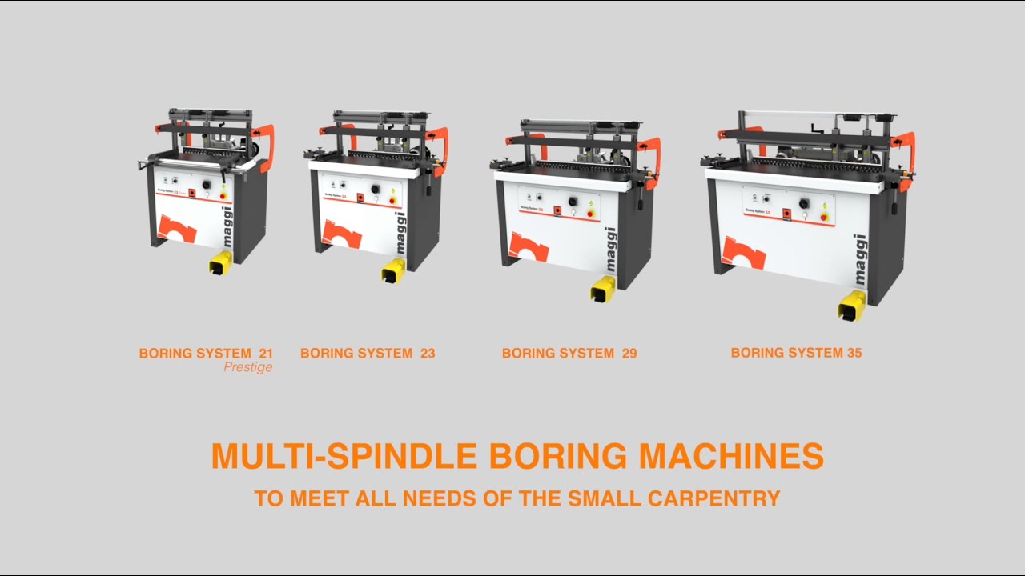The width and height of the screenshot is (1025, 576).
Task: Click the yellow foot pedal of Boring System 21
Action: pyautogui.click(x=220, y=262)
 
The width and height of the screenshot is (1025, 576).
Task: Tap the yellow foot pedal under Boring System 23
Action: pyautogui.click(x=393, y=271)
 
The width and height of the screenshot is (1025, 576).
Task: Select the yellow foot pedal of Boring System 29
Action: pyautogui.click(x=603, y=289)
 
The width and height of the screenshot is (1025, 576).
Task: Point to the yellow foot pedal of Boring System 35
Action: pyautogui.click(x=852, y=305)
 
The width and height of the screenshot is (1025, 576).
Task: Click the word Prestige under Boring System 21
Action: pyautogui.click(x=248, y=367)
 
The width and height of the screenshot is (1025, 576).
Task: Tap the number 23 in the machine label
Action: pyautogui.click(x=427, y=353)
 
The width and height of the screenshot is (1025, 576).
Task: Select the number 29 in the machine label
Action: pyautogui.click(x=629, y=353)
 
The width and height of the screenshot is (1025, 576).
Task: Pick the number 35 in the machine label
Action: pyautogui.click(x=854, y=352)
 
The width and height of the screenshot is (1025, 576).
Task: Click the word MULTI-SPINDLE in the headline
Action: pyautogui.click(x=344, y=456)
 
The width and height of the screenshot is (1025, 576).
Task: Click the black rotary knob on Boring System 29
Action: pyautogui.click(x=573, y=202)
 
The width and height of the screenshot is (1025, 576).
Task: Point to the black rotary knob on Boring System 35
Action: pyautogui.click(x=803, y=203)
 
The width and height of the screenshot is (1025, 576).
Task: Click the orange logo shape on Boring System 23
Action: pyautogui.click(x=342, y=234)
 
